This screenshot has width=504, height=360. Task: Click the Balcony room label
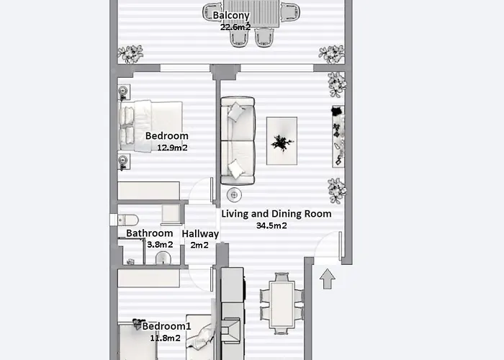pos(231,16)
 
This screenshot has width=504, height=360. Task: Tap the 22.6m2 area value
pos(235,27)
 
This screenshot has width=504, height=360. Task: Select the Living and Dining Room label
pos(276,214)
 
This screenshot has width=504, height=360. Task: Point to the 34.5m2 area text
pos(271,225)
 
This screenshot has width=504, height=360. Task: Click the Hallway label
pos(200,234)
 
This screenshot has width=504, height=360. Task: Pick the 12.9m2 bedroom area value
pos(172,148)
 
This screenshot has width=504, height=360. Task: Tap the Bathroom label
pos(150,233)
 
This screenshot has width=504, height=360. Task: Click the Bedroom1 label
pos(166,326)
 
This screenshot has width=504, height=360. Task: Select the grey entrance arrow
pos(328,279)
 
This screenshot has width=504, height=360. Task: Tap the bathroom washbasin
pos(163,258)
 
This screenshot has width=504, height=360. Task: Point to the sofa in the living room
pos(238,141)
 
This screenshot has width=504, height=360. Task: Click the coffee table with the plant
pos(282,141)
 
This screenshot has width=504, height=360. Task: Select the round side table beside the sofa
pos(234,195)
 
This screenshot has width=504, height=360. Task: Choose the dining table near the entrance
pos(282,305)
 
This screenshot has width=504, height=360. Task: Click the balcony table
pos(252,14)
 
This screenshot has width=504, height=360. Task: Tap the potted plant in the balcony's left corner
pos(130,54)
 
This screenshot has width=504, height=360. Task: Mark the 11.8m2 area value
pos(165,338)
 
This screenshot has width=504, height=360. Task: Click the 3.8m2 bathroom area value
pos(160,245)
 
